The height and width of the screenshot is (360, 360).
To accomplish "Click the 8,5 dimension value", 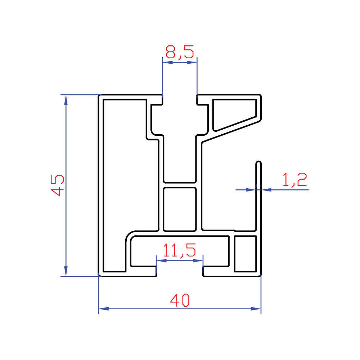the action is click(180, 51).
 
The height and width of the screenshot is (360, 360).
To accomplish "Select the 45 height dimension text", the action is click(57, 185).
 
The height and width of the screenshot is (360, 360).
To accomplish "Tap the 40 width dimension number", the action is click(180, 300).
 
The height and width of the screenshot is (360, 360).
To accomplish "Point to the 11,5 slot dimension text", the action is click(179, 250).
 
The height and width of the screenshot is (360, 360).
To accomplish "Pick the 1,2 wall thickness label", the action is click(294, 180).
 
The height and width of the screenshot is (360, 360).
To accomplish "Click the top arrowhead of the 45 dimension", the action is click(66, 100).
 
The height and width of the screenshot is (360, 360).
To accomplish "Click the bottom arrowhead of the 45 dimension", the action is click(66, 271).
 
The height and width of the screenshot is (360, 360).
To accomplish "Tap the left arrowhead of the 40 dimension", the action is click(104, 309).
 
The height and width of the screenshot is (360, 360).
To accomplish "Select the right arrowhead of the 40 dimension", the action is click(256, 309).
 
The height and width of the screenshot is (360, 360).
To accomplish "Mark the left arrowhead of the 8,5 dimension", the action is click(168, 62).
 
